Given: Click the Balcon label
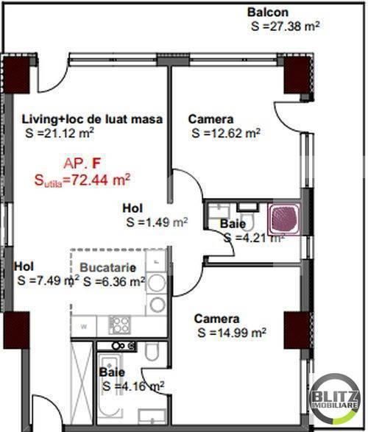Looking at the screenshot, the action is coord(268,13).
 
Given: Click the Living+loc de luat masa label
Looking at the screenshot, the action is coord(92,119).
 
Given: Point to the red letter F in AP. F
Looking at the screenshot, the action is coord(96,163).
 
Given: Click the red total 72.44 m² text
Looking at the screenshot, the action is coord(82,180).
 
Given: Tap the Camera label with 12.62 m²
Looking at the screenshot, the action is coord(210,119).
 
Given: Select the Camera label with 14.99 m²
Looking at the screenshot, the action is coord(217,319).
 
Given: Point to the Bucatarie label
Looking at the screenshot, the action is coord(108,268).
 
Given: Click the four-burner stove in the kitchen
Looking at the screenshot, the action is coord(119,325).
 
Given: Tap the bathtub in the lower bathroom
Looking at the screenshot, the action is coord(110,388).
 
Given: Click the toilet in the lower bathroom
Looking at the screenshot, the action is coord(152,351).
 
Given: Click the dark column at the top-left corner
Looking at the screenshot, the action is coord(16,74).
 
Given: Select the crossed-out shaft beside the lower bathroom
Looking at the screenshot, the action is coord(82,383).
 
